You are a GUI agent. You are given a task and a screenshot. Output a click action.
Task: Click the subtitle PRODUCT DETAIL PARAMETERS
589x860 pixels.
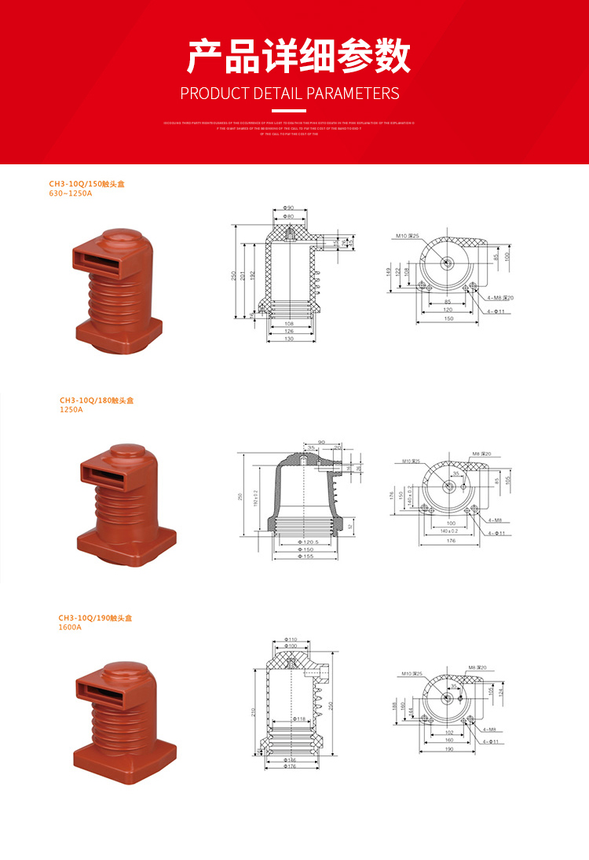pos(290,94)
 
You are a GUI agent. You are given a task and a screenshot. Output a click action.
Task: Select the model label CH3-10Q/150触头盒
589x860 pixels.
pos(86,184)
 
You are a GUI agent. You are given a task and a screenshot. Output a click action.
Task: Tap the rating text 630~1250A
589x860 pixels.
pos(70,193)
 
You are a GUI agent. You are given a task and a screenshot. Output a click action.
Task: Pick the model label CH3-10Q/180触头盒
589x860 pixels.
pos(96,400)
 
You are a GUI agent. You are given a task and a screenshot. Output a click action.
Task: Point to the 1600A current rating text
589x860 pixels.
pos(70,627)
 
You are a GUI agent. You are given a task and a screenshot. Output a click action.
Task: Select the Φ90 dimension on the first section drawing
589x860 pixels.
pos(288,208)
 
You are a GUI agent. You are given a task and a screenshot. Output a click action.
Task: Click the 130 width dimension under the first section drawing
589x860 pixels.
pos(288,339)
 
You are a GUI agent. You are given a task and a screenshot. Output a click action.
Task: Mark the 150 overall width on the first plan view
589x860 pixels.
pos(448,318)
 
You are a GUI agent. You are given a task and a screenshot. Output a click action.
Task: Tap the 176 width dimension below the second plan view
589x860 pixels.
pos(450,540)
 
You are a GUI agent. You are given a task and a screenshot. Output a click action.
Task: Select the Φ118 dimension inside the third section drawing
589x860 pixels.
pos(299,719)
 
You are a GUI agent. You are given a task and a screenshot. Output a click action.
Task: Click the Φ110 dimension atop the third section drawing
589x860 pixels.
pos(290,639)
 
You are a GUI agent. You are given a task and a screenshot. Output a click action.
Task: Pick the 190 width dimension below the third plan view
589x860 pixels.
pos(449,749)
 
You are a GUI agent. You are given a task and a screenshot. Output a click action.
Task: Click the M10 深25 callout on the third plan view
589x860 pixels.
pos(411,674)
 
